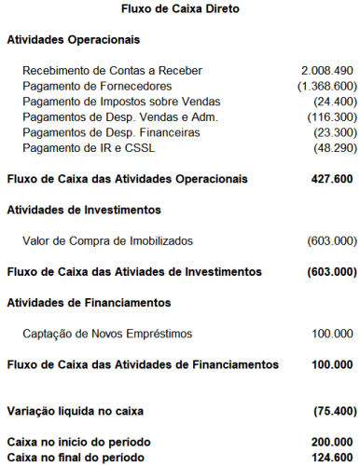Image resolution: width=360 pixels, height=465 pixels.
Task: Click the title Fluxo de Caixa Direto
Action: (x=180, y=9)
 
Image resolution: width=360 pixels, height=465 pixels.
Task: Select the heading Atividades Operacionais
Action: (x=74, y=40)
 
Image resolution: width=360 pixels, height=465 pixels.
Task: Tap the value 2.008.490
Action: (x=326, y=71)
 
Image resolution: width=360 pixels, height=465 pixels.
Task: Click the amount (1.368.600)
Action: (x=324, y=87)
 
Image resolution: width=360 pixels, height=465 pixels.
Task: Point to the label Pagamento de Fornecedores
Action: (x=99, y=87)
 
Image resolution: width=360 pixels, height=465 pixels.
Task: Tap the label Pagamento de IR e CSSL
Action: (x=89, y=150)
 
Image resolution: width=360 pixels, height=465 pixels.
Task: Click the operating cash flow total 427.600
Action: (x=331, y=178)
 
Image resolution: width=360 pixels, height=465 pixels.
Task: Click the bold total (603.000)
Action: (x=330, y=272)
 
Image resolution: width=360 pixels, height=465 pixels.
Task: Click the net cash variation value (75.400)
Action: (x=332, y=410)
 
